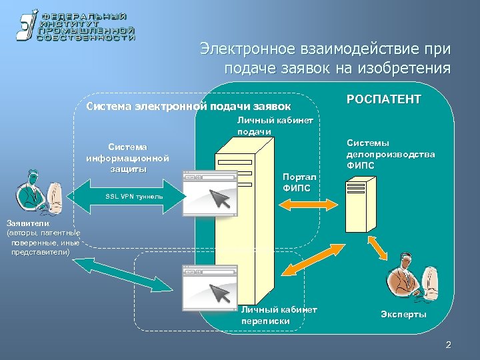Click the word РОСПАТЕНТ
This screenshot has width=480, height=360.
point(384,99)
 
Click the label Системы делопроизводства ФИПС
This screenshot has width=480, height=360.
point(391,155)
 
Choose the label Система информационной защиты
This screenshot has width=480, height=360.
point(127,157)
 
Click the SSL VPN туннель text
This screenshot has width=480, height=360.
point(134,198)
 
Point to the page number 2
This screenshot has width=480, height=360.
point(448,345)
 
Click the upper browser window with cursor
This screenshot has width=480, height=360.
point(209,193)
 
